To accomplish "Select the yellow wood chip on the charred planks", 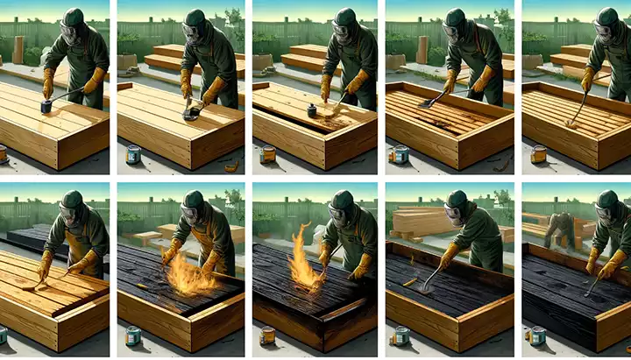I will coord(410,282).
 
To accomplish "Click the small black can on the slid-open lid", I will coord(310,110).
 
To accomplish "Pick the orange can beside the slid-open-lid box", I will coord(268,154).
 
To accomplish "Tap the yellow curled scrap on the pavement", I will coord(231,166).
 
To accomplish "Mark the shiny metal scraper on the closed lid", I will coord(189,111).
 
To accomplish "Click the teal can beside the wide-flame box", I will coord(133,335).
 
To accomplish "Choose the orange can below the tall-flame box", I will coord(267,335).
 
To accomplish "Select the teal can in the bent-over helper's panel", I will coord(537,335).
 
